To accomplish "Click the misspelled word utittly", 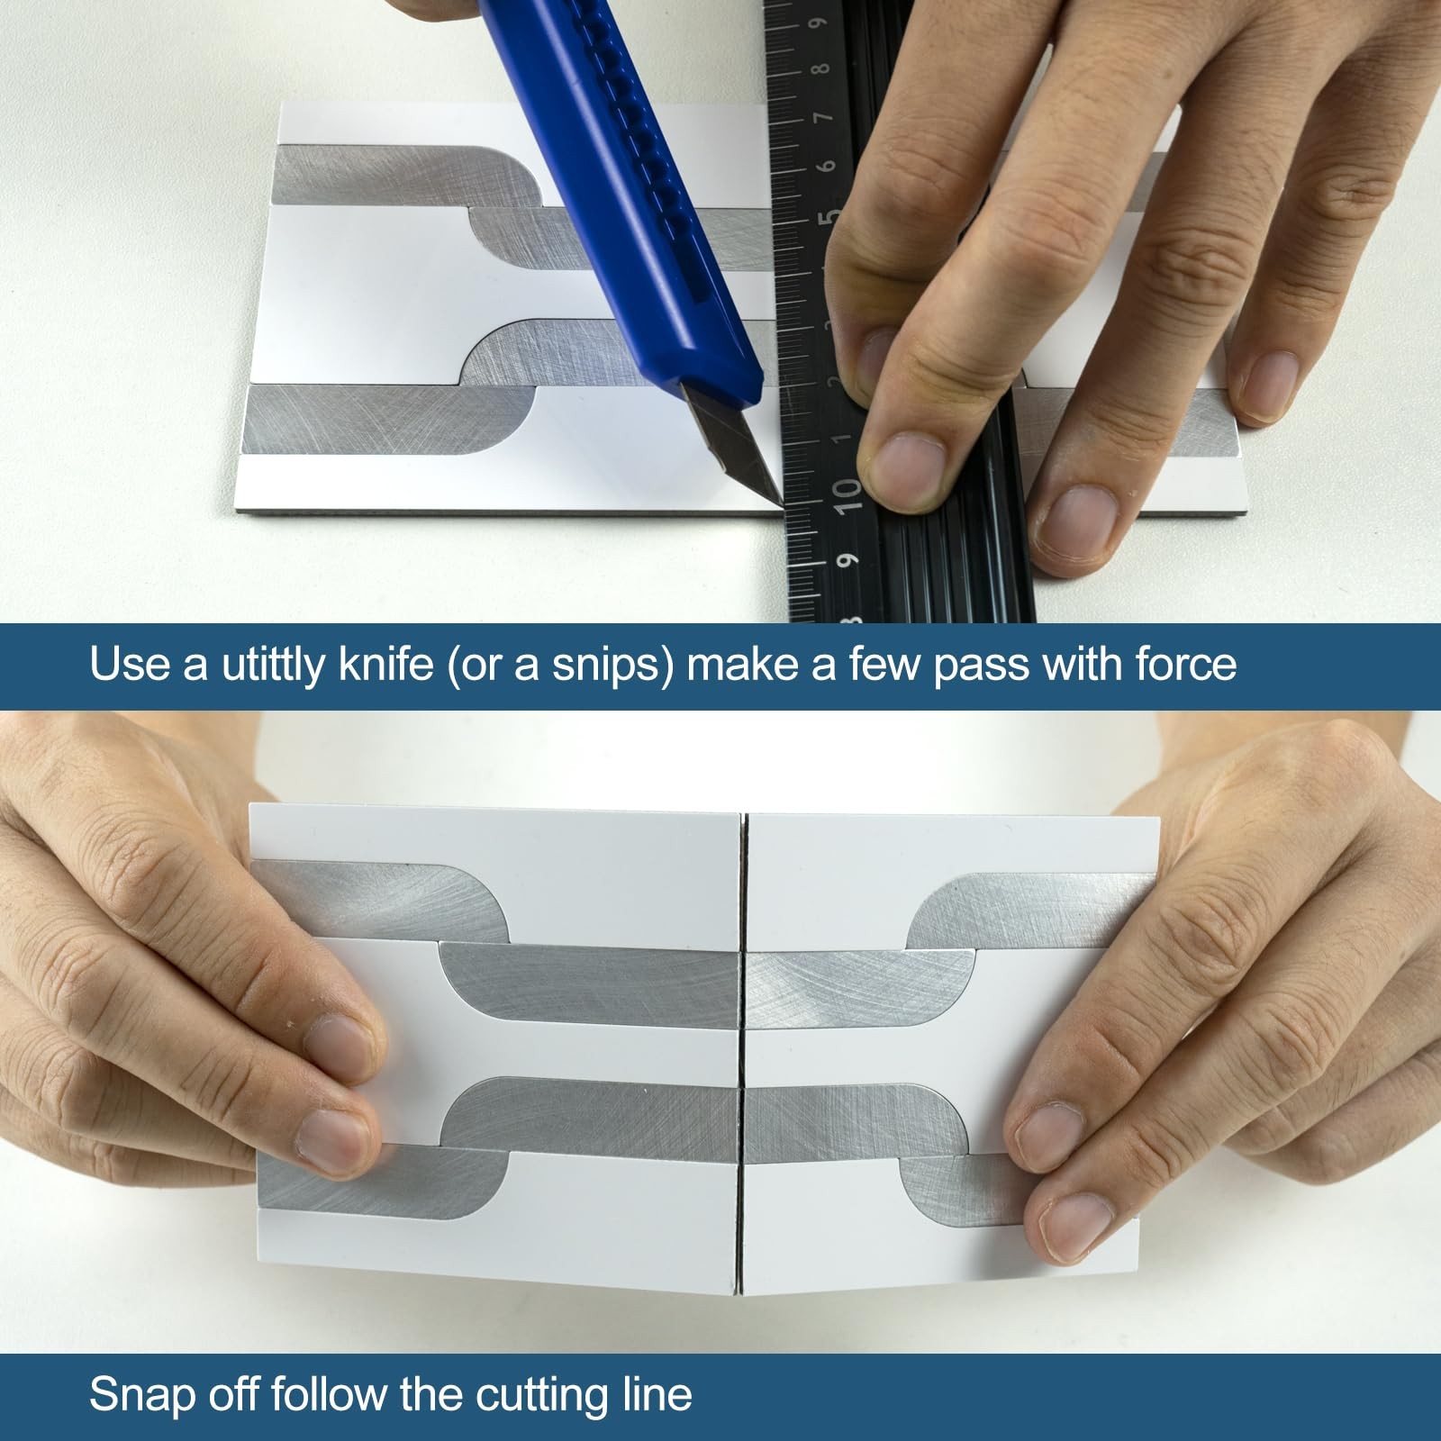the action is (272, 664).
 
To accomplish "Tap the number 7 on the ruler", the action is (820, 119).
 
